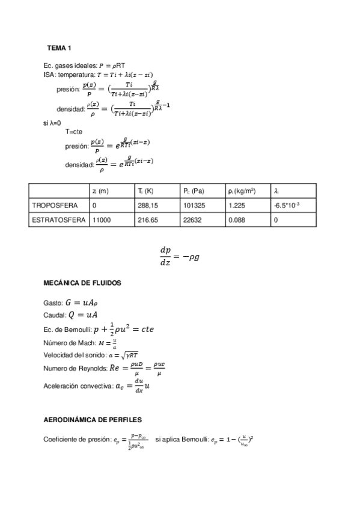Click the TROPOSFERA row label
tap(55, 206)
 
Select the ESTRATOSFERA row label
tap(58, 221)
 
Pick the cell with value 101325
tap(194, 206)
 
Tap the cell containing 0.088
tap(237, 221)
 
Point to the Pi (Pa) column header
tap(194, 191)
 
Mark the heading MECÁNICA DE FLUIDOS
tap(82, 282)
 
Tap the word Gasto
tap(53, 304)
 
